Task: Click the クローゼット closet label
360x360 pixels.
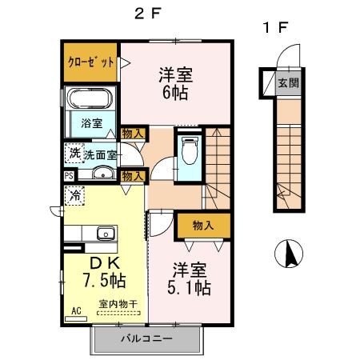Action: click(x=89, y=61)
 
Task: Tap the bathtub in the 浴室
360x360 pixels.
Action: click(x=90, y=102)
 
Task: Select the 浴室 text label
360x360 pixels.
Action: click(x=91, y=123)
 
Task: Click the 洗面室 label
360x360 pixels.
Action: click(x=101, y=153)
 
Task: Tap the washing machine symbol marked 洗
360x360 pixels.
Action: click(x=74, y=152)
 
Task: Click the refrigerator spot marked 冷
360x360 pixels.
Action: click(x=75, y=194)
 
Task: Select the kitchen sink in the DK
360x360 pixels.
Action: click(x=105, y=234)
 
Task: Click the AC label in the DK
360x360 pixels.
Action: click(x=77, y=310)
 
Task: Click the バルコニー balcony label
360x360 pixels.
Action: click(x=146, y=338)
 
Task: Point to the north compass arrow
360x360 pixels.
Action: click(x=290, y=257)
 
